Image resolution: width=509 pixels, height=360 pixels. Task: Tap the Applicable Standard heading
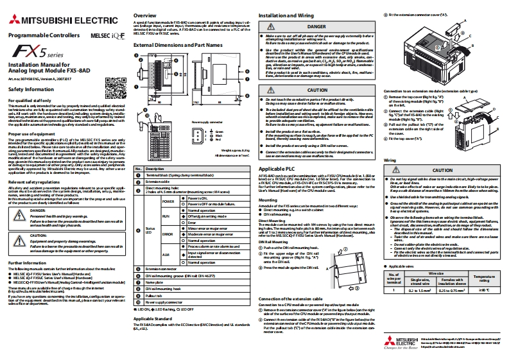click(157, 336)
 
